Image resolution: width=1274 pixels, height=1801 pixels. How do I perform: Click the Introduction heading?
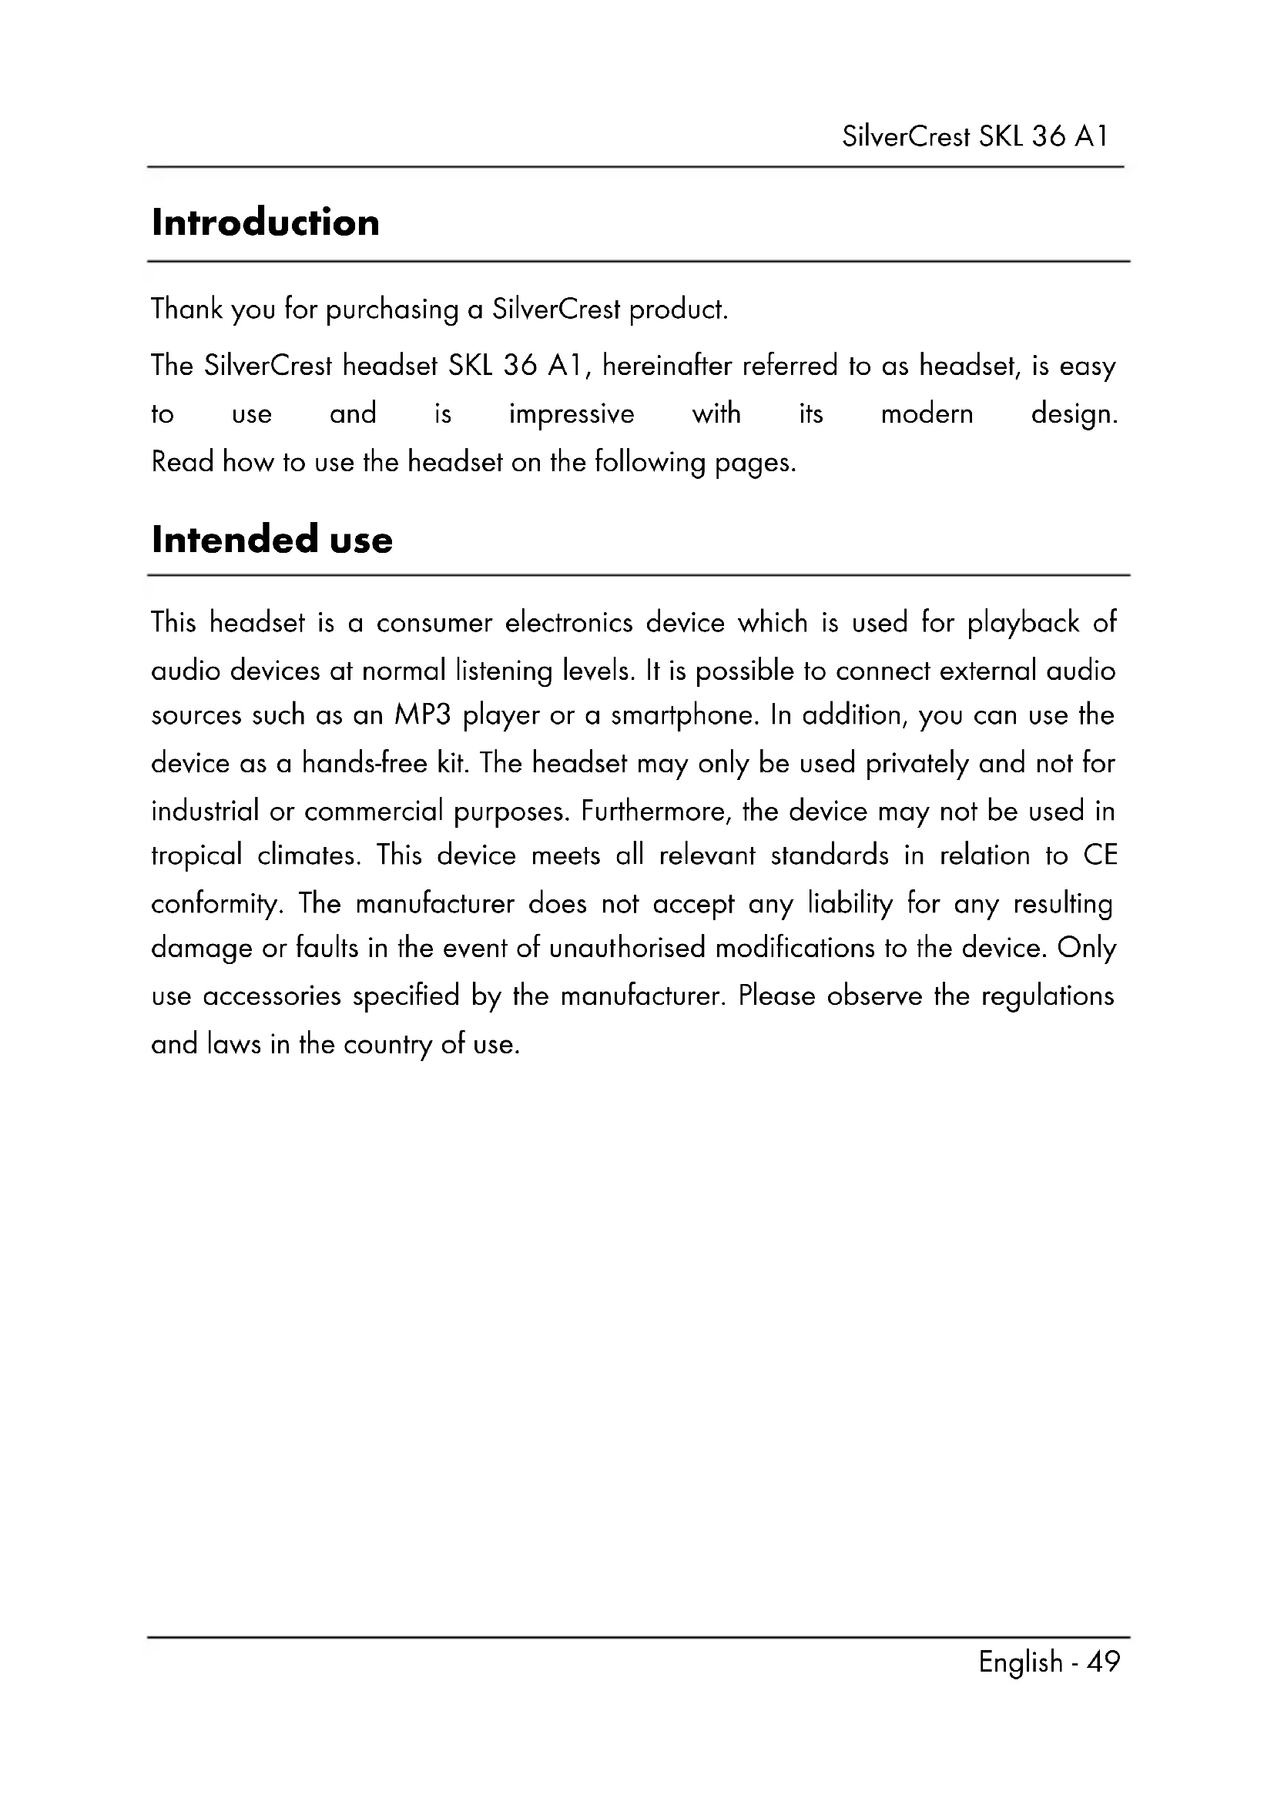point(265,223)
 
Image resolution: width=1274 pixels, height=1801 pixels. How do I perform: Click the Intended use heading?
point(271,540)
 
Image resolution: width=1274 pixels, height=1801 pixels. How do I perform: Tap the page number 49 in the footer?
point(1104,1662)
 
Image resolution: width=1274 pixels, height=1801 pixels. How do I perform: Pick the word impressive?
point(571,414)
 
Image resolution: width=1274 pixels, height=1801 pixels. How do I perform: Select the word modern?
point(927,413)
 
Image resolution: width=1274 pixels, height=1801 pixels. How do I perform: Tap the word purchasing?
point(391,310)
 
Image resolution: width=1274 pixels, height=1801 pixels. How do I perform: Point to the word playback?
point(1022,624)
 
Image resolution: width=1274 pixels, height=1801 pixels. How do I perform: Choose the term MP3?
point(423,715)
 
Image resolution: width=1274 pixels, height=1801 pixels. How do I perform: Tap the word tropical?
point(196,855)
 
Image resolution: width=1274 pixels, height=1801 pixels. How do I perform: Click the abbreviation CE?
point(1100,855)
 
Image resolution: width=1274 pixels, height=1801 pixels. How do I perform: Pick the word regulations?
point(1048,997)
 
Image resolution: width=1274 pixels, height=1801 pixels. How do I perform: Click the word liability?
point(850,905)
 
